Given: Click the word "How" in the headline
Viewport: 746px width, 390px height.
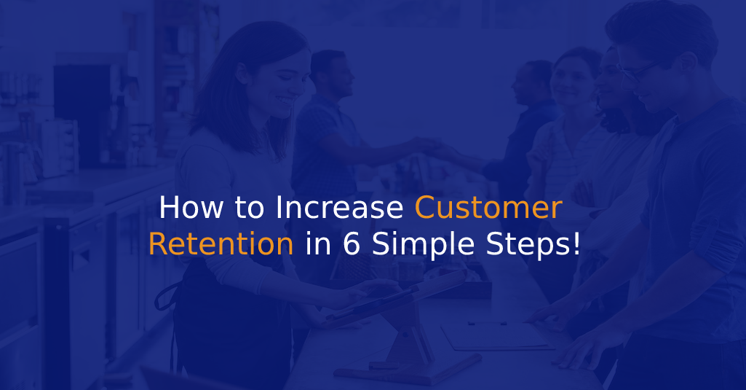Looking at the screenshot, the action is coord(191,208).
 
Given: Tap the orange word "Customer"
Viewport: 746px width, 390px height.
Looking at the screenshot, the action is coord(488,208).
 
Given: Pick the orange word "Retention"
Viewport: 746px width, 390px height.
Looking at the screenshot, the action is coord(221,243).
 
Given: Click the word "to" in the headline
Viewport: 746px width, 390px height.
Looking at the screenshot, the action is coord(249,208).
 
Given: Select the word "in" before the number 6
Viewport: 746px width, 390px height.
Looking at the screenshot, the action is coord(318,243).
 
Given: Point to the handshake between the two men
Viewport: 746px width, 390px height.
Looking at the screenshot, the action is coord(428,145).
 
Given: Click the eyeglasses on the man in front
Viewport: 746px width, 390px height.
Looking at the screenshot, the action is coord(638,71).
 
